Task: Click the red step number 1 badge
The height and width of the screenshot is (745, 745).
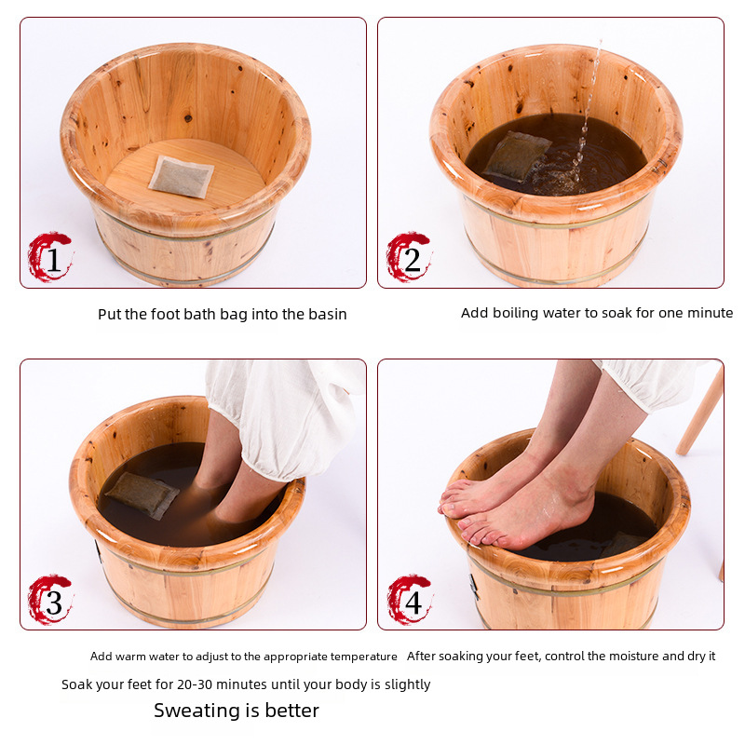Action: [x=50, y=257]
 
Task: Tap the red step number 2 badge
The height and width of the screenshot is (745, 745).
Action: [x=409, y=257]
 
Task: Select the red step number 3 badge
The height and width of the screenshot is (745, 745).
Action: [x=50, y=600]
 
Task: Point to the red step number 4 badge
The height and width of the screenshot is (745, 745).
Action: [x=410, y=600]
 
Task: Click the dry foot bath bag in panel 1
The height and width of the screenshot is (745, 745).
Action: [x=181, y=176]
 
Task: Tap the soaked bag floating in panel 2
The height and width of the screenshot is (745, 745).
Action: [x=516, y=156]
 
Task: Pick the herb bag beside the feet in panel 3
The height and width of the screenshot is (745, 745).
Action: [x=142, y=495]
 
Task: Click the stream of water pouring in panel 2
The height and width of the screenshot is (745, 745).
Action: [x=588, y=114]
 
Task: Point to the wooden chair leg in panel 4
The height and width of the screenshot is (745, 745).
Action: [x=700, y=413]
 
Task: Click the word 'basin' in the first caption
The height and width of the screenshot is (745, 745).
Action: [x=328, y=314]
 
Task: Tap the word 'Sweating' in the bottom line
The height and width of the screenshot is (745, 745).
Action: [x=199, y=711]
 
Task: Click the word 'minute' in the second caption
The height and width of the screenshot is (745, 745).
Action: [x=711, y=313]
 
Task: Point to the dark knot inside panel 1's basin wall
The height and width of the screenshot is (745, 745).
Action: [x=188, y=118]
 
